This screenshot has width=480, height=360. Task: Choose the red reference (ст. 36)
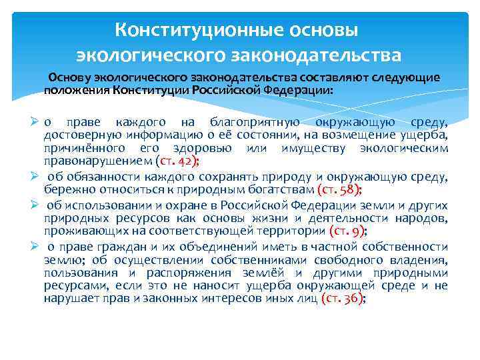tap(342, 299)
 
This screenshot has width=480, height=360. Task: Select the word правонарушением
tap(97, 160)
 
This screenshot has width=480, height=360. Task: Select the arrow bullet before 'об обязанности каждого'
tap(36, 177)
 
